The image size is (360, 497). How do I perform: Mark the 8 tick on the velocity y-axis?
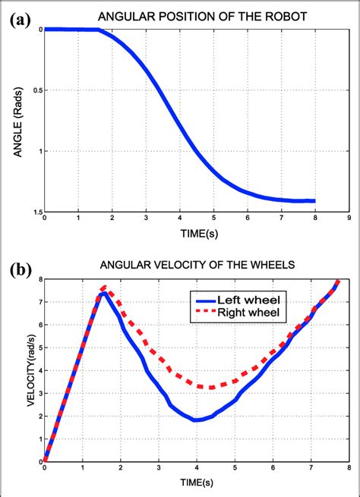tap(39, 279)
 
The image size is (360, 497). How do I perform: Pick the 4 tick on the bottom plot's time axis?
tap(197, 469)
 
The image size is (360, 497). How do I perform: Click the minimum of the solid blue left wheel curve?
tap(196, 420)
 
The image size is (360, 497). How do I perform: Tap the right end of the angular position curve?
tap(314, 201)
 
